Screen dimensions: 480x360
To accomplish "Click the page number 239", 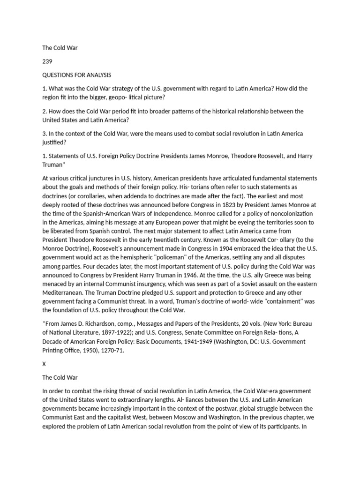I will point(47,61).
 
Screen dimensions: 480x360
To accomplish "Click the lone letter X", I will point(44,364).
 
